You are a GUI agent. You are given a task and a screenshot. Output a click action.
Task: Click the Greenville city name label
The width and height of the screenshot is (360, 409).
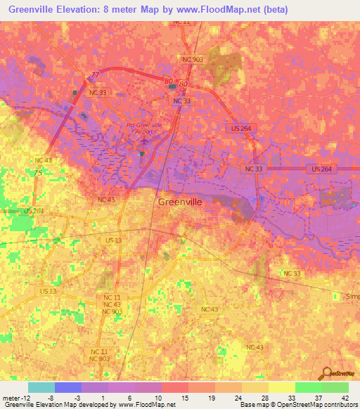point(180,201)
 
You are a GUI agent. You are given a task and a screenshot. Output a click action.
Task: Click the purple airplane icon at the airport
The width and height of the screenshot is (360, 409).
point(143,141)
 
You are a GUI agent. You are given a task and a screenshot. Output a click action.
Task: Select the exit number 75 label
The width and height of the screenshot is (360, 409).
point(39,173)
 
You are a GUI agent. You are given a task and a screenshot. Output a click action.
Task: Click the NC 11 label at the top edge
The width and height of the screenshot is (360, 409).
point(181,22)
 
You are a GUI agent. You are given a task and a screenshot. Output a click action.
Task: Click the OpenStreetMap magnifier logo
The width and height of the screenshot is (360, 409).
point(326,372)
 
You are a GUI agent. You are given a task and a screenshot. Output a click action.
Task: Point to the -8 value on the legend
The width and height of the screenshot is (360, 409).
point(51,398)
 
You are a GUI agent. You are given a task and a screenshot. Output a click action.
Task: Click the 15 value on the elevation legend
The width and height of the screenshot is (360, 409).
point(185,398)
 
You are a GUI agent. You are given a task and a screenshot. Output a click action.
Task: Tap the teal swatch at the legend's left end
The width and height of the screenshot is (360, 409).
point(41,387)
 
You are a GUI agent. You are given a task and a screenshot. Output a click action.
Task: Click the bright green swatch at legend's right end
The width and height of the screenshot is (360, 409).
point(335,387)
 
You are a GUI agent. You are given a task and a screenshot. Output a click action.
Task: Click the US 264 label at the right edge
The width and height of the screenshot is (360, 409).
point(323,169)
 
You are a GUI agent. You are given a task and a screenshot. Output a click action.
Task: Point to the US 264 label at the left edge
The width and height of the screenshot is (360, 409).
point(33,211)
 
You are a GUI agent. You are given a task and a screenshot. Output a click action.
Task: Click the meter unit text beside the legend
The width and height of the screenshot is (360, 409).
point(11,398)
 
